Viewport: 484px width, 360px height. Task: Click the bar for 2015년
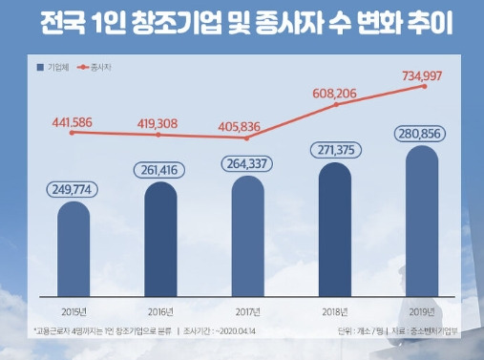click(73, 248)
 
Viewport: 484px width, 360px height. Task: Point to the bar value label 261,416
click(159, 168)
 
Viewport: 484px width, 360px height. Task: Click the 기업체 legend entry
click(53, 68)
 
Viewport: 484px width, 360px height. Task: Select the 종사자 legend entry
click(98, 68)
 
